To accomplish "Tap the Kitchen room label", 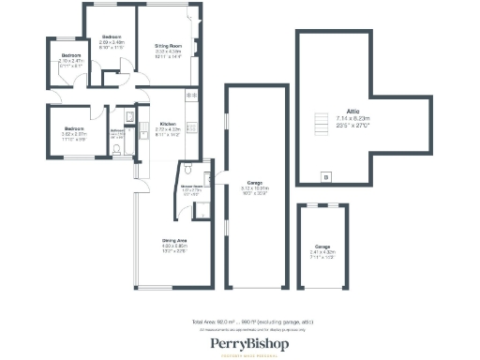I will coord(168,124).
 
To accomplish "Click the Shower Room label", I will coord(192,186).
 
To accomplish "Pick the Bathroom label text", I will coord(117,130).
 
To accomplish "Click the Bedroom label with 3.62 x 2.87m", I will coord(75,127).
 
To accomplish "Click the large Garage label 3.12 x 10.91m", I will coord(253,182).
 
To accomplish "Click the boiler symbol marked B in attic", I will coord(325,175).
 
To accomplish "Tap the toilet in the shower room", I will coord(188,172).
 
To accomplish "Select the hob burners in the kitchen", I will coord(192,97).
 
